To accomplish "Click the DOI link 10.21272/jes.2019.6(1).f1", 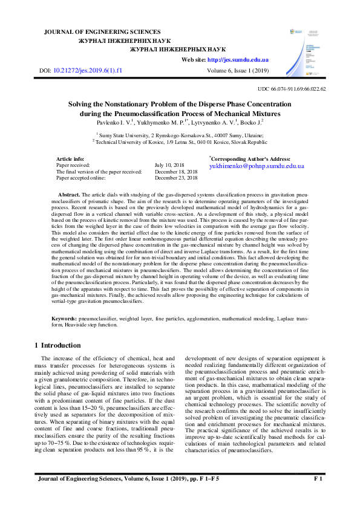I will tap(88, 71).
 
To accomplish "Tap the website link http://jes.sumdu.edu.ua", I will tap(238, 60).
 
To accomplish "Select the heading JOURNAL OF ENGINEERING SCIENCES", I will tap(103, 31).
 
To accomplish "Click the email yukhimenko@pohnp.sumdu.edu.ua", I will tap(257, 165).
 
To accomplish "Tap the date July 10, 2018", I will tap(169, 164).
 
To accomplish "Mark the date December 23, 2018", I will tap(176, 178).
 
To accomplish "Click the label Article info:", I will tap(70, 158).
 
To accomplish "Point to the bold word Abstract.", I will tap(70, 194).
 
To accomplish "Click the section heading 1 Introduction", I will tap(56, 345).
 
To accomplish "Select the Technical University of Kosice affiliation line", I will tap(180, 142).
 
